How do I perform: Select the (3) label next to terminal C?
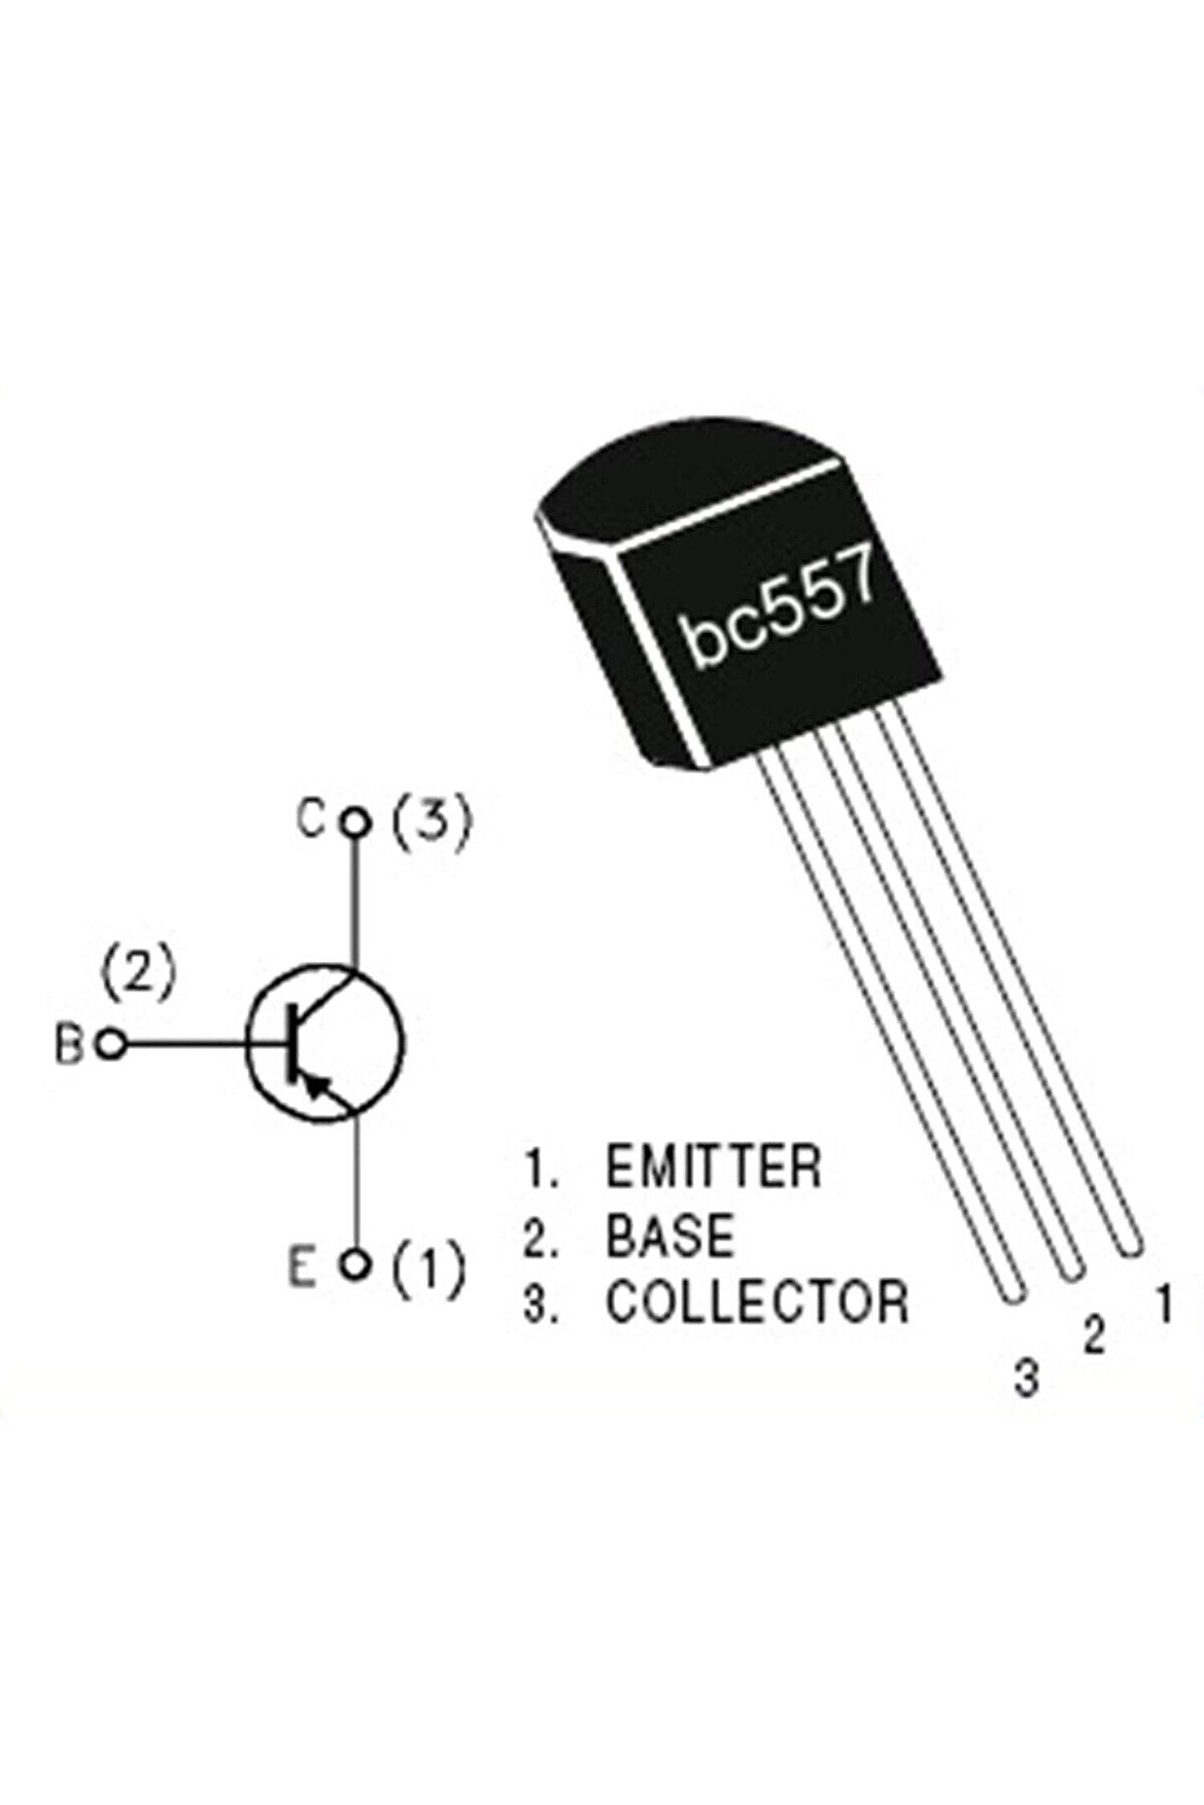tap(432, 823)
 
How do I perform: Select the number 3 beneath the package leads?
tap(1026, 1379)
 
